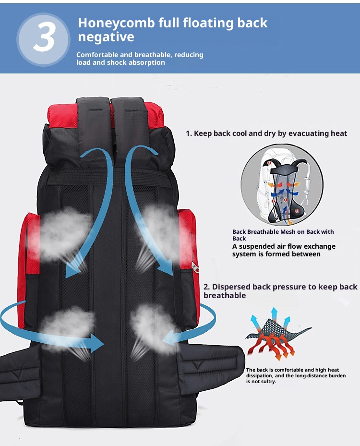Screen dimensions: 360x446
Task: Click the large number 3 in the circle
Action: [x=44, y=37]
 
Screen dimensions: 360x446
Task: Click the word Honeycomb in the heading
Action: [x=116, y=23]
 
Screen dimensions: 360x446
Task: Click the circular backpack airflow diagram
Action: [x=282, y=185]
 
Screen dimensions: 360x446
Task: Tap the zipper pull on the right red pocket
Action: [x=195, y=267]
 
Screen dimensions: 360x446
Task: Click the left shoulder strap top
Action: [x=93, y=114]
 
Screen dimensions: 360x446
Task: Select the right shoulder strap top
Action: [x=128, y=114]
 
